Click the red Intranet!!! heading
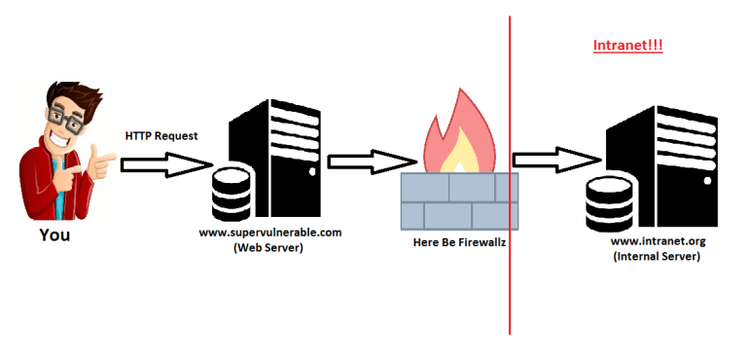(x=627, y=46)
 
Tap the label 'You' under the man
(x=54, y=235)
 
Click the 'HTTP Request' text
(x=161, y=135)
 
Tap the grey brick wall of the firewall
(x=460, y=199)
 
